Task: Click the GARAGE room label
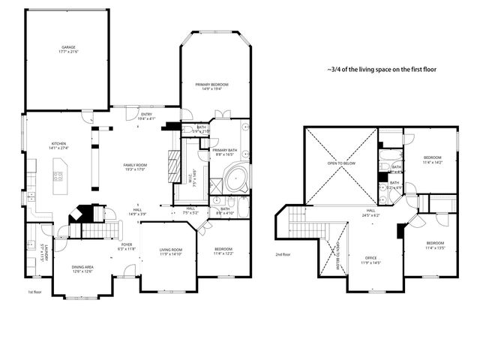[69, 49]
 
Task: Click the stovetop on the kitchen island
[58, 178]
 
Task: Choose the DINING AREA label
[82, 268]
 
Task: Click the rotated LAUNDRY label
[46, 252]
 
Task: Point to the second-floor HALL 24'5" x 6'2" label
[370, 213]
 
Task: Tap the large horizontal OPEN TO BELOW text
[341, 163]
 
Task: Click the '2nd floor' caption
[284, 256]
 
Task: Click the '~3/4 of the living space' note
[382, 68]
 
